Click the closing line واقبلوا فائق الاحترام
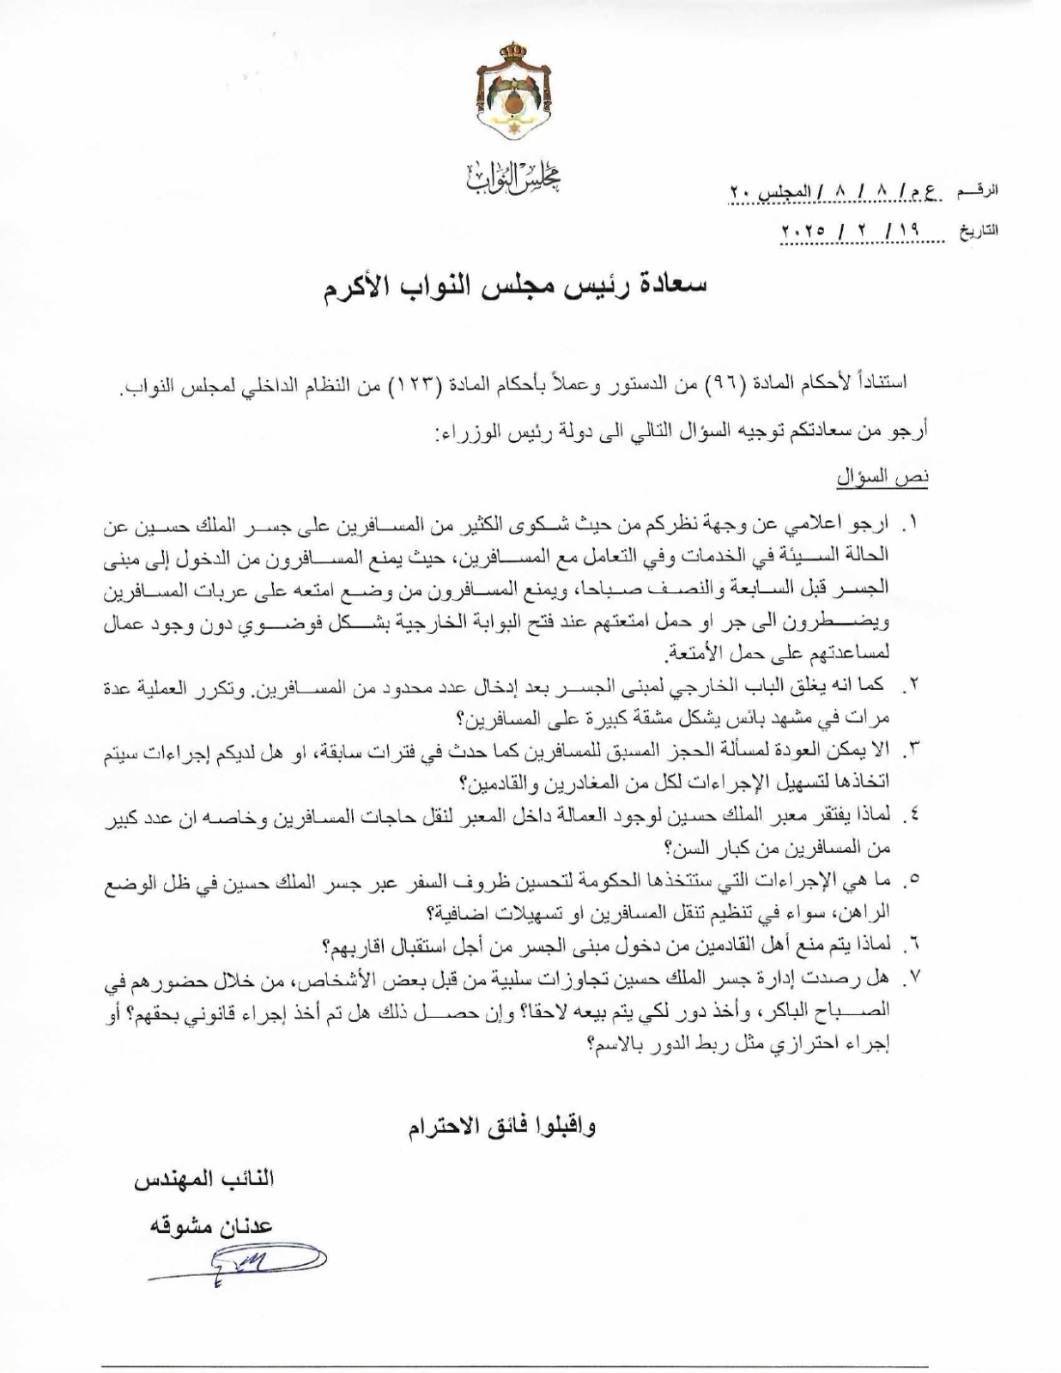pos(502,1127)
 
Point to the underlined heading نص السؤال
pos(883,479)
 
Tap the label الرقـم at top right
pos(979,191)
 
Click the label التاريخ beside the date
pos(978,231)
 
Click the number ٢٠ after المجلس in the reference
pos(740,191)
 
